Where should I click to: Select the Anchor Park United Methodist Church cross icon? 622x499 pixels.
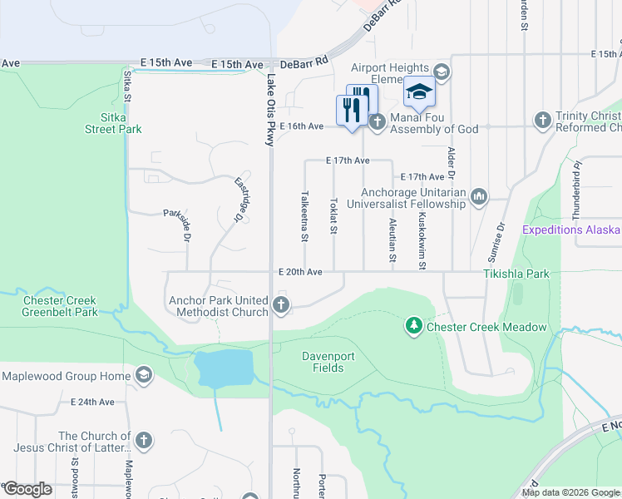[x=281, y=305]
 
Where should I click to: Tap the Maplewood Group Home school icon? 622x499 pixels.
[x=145, y=376]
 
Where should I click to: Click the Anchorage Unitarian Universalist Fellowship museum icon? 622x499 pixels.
[x=479, y=197]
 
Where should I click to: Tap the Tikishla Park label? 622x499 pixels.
[x=516, y=273]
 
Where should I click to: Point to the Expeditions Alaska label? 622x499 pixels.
[x=572, y=230]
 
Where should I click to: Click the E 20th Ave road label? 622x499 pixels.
[x=300, y=271]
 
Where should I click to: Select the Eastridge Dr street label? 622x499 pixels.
[x=241, y=199]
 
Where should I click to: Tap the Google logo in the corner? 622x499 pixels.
[x=27, y=489]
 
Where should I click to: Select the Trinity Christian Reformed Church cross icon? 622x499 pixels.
[x=543, y=121]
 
